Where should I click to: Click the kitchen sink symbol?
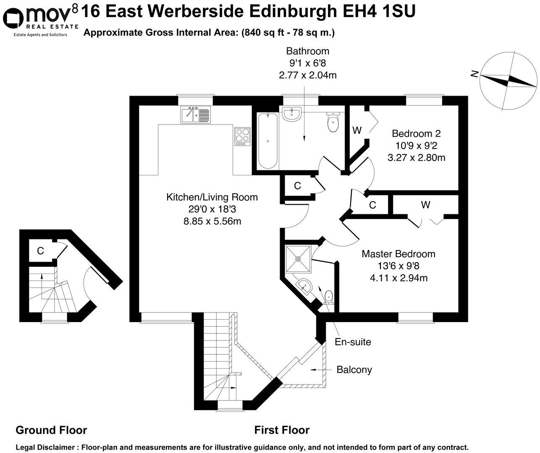pos(195,115)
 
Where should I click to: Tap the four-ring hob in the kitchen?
pos(242,136)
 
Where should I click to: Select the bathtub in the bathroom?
pos(267,140)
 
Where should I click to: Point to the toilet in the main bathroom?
pos(333,122)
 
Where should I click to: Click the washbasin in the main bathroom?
pos(291,115)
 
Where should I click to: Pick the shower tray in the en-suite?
pos(298,258)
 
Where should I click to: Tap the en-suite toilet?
pos(329,297)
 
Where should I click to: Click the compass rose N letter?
pos(475,74)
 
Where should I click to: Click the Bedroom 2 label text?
pos(416,134)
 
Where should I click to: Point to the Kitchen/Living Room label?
pos(212,197)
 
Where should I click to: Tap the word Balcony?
pos(354,370)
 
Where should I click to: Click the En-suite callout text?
pos(353,342)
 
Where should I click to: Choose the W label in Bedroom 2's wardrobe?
pos(357,130)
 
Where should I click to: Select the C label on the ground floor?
pos(40,251)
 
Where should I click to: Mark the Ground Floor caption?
pos(51,430)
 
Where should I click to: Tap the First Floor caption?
pos(282,430)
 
